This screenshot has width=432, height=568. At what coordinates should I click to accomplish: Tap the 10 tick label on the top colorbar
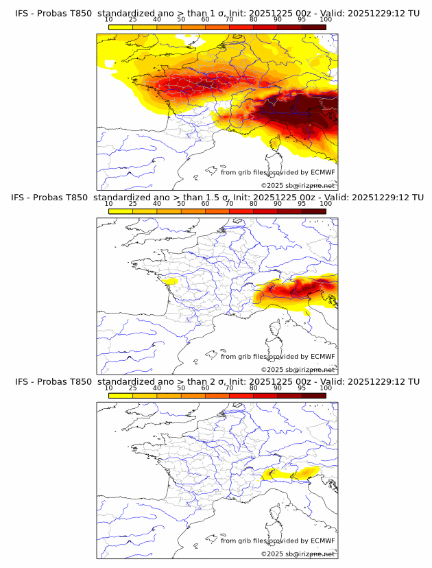click(108, 19)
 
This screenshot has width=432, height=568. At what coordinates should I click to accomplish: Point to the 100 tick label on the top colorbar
click(326, 19)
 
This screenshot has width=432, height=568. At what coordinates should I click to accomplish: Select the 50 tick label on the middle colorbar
click(181, 204)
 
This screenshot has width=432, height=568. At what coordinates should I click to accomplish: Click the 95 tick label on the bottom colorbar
click(302, 388)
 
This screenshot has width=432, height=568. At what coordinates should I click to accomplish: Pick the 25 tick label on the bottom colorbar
click(132, 388)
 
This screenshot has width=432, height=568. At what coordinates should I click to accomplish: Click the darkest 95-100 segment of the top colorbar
click(314, 27)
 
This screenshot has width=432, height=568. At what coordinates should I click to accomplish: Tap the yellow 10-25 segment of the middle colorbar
click(120, 211)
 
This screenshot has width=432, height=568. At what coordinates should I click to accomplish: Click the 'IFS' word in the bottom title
click(23, 381)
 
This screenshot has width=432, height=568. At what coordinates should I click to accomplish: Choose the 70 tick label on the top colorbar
click(229, 19)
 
